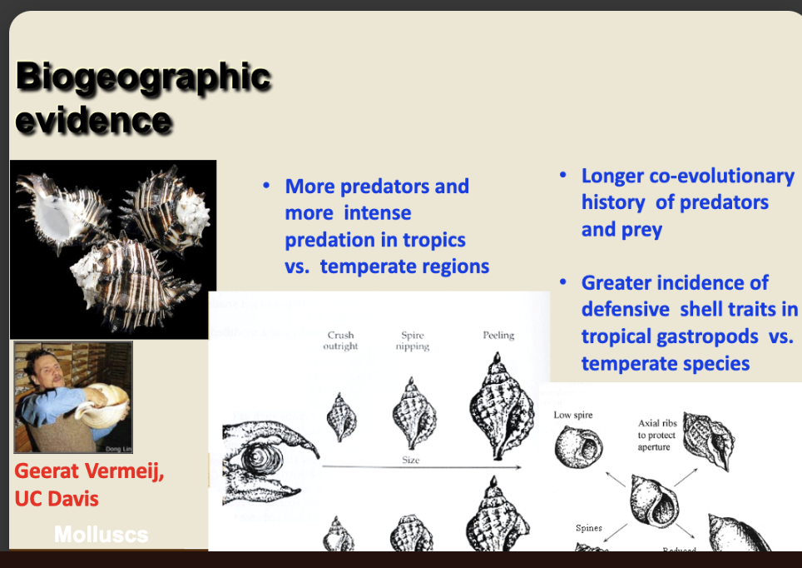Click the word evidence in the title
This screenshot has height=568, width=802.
pyautogui.click(x=93, y=121)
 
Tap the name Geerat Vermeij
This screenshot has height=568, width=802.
pyautogui.click(x=89, y=472)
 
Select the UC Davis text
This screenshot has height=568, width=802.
pyautogui.click(x=57, y=498)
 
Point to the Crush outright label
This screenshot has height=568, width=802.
pyautogui.click(x=340, y=341)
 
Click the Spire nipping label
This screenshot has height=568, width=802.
pyautogui.click(x=412, y=341)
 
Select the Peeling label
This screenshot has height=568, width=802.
pyautogui.click(x=498, y=336)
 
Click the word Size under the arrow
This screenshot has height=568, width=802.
pyautogui.click(x=410, y=460)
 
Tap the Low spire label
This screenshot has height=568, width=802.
pyautogui.click(x=573, y=415)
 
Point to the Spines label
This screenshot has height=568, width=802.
pyautogui.click(x=589, y=528)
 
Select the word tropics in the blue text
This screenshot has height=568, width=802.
pyautogui.click(x=433, y=240)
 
